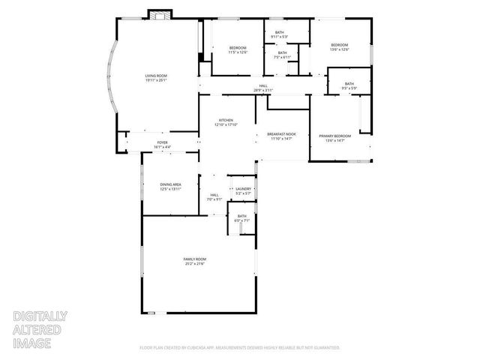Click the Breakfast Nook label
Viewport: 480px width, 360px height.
[x=281, y=136]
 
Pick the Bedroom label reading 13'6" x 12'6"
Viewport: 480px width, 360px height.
[x=340, y=47]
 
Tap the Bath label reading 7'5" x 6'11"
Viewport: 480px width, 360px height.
[x=282, y=55]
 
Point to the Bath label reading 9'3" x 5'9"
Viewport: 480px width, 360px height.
[x=349, y=85]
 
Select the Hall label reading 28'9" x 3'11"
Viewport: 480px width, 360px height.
[x=263, y=88]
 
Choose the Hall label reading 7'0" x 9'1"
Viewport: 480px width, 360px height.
[x=214, y=196]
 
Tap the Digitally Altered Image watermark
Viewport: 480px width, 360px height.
[x=40, y=330]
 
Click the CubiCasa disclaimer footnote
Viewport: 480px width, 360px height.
[x=240, y=347]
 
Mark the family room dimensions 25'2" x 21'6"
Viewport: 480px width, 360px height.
[x=195, y=264]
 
